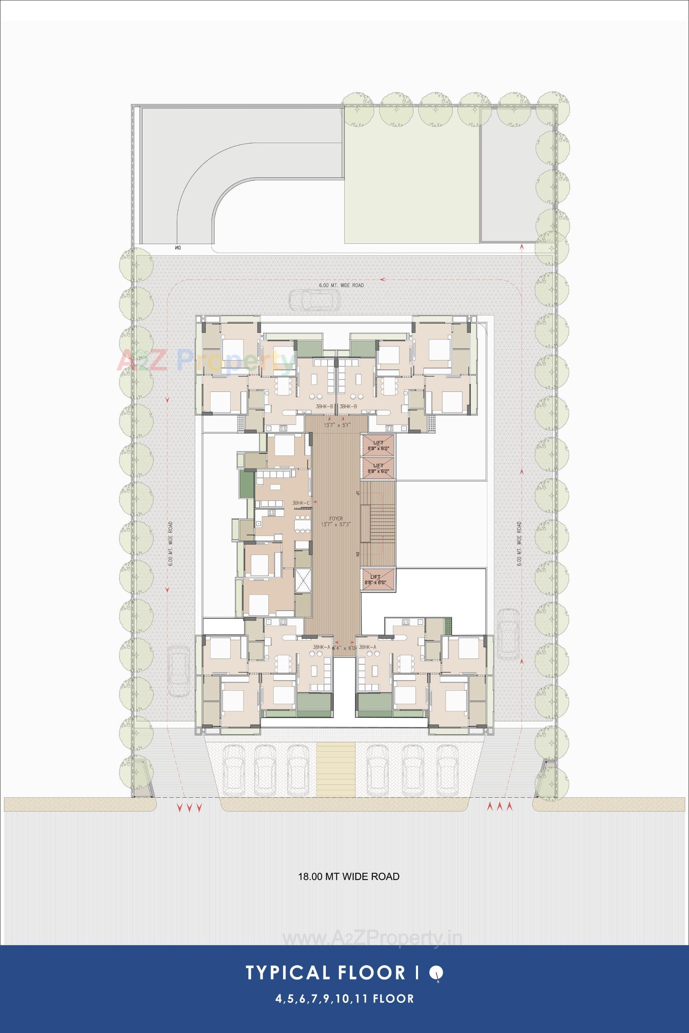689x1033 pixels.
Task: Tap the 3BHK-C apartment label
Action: tap(301, 503)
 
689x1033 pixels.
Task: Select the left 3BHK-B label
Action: tap(324, 407)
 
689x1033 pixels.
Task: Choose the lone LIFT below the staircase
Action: tap(378, 579)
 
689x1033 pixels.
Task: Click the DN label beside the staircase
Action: tap(358, 554)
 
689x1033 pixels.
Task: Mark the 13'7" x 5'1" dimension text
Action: tap(336, 425)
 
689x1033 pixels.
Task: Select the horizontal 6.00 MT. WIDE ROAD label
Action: tap(341, 285)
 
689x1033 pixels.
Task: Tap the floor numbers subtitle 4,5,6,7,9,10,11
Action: tap(322, 995)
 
